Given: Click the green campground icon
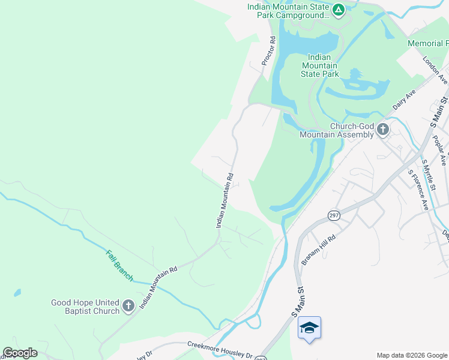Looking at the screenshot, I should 339,10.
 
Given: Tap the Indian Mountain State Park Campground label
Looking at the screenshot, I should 289,11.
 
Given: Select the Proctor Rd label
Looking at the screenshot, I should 268,51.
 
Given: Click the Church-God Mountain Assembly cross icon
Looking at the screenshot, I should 382,130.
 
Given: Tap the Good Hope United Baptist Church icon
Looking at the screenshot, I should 128,307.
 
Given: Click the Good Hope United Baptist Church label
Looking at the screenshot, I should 85,307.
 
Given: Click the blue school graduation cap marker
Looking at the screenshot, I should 309,328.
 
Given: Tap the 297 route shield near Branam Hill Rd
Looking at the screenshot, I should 334,215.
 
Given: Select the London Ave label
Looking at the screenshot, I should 435,70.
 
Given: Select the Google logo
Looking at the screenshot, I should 20,353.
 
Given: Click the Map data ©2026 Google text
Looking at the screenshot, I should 411,355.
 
